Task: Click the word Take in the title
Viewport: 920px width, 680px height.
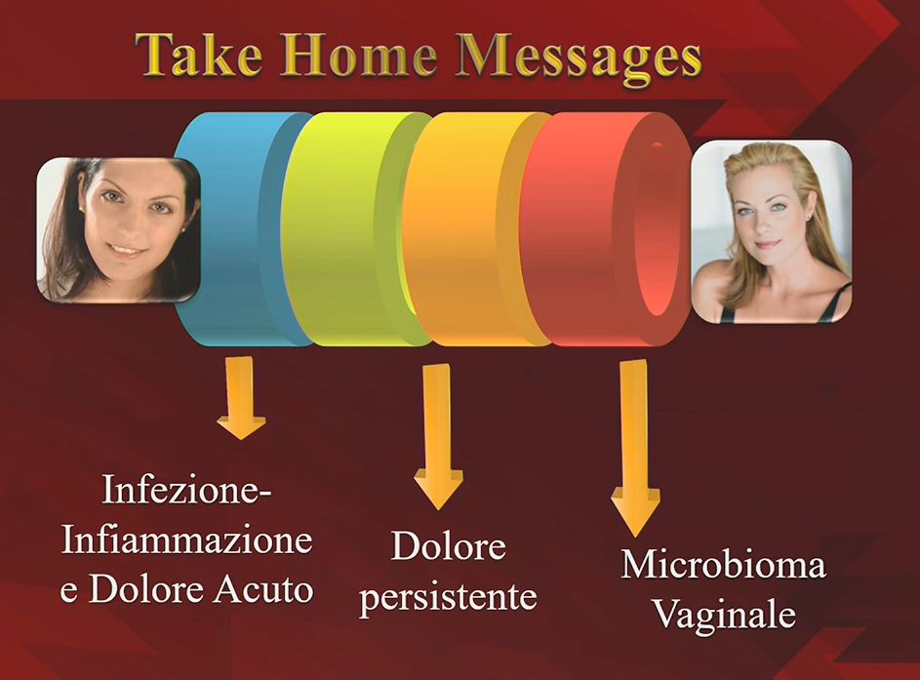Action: point(199,55)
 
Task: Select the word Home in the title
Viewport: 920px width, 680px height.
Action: point(358,55)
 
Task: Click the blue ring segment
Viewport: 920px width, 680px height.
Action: point(235,229)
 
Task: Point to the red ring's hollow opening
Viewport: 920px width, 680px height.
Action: point(656,229)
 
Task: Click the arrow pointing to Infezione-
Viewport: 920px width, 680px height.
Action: point(241,398)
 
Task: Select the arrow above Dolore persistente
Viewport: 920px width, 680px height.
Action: point(438,437)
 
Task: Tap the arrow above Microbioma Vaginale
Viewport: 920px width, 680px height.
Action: point(635,448)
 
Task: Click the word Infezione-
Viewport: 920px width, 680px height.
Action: point(186,490)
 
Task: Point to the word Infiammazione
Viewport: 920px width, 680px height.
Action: point(186,540)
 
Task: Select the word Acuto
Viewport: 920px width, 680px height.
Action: point(262,589)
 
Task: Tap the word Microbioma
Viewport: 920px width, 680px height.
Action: point(723,565)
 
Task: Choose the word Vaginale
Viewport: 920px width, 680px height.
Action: point(724,616)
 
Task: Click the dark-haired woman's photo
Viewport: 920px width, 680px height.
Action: point(118,230)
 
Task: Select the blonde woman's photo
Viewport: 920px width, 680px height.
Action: point(771,231)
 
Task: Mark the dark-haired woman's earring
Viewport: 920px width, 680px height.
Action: point(80,209)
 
